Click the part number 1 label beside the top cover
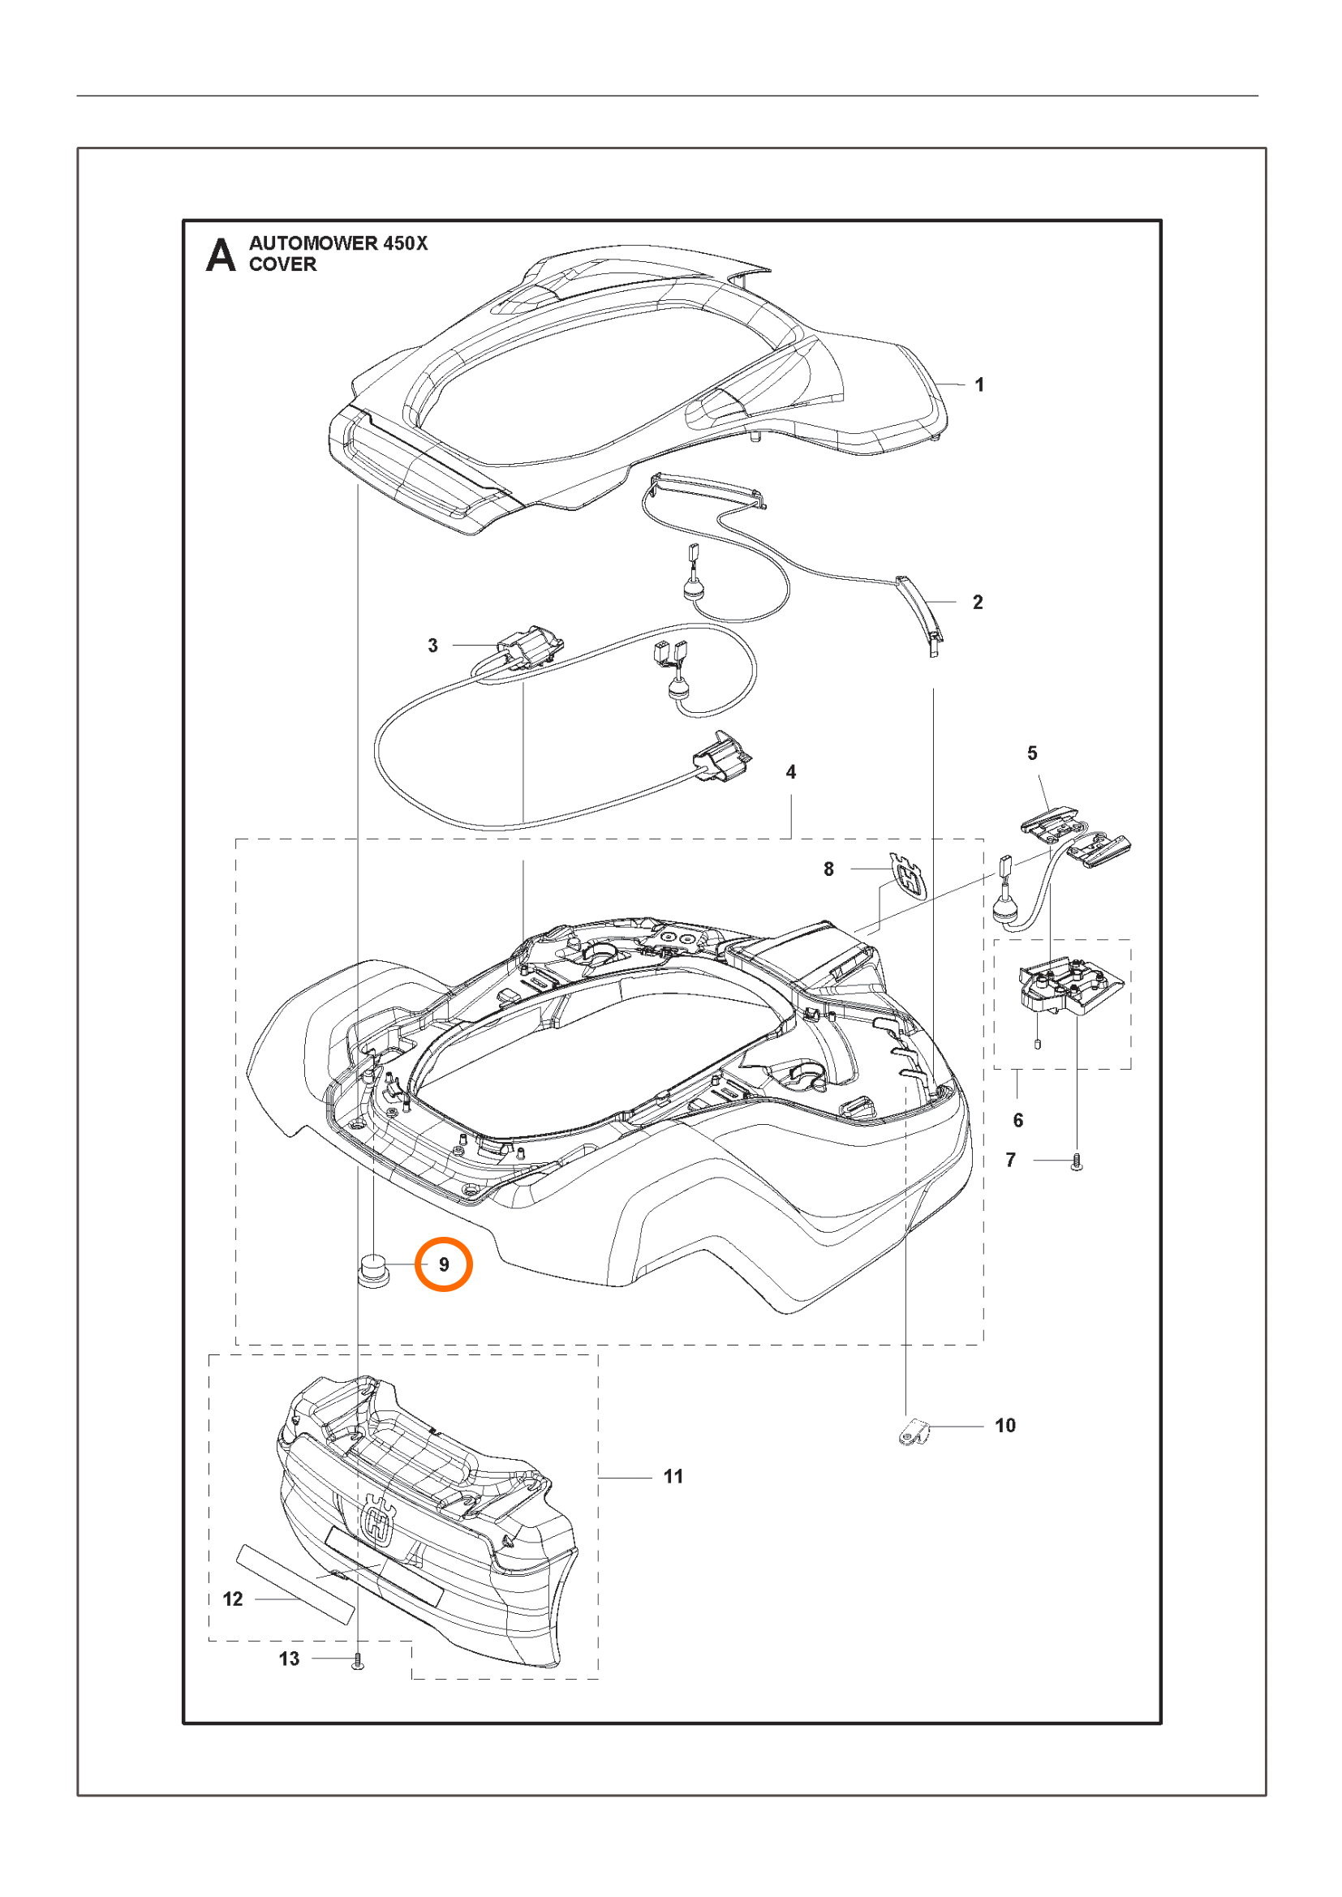coord(979,384)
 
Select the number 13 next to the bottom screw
coord(289,1659)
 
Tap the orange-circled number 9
coord(444,1264)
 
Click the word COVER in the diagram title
coord(282,264)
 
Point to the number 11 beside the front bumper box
coord(673,1476)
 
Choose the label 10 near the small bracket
coord(1004,1425)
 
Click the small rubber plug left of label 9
coord(374,1268)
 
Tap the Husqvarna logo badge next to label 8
coord(908,876)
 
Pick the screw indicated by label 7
coord(1077,1162)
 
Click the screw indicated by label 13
coord(358,1661)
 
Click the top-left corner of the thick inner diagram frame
coord(183,221)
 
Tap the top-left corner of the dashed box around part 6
coord(994,940)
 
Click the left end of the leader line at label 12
coord(256,1599)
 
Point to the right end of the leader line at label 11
coord(652,1477)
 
